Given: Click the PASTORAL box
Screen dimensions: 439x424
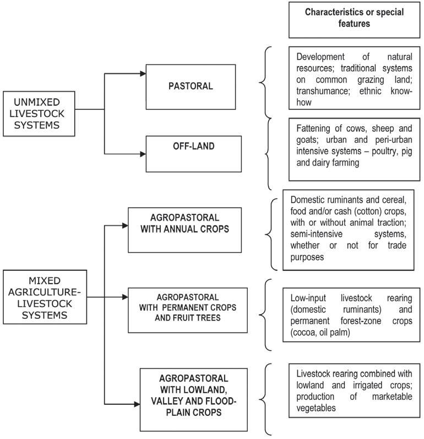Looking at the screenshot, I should [191, 86].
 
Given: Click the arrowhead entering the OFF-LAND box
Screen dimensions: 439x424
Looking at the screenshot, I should [143, 155].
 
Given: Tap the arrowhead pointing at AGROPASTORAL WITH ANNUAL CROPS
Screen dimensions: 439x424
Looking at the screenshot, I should [124, 224].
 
